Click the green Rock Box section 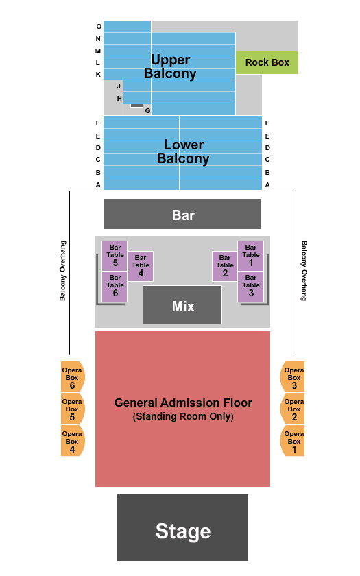267,62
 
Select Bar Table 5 115,256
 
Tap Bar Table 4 141,266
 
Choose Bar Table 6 115,287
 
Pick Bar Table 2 225,266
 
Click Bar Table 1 250,256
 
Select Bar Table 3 250,287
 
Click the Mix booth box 182,305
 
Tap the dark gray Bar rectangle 182,214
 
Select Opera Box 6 73,377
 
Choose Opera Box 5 73,409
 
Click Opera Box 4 73,440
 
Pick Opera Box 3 292,377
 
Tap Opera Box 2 292,409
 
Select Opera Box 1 292,440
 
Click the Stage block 182,527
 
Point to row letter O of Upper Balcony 99,27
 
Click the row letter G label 147,110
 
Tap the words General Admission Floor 183,403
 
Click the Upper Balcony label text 170,67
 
